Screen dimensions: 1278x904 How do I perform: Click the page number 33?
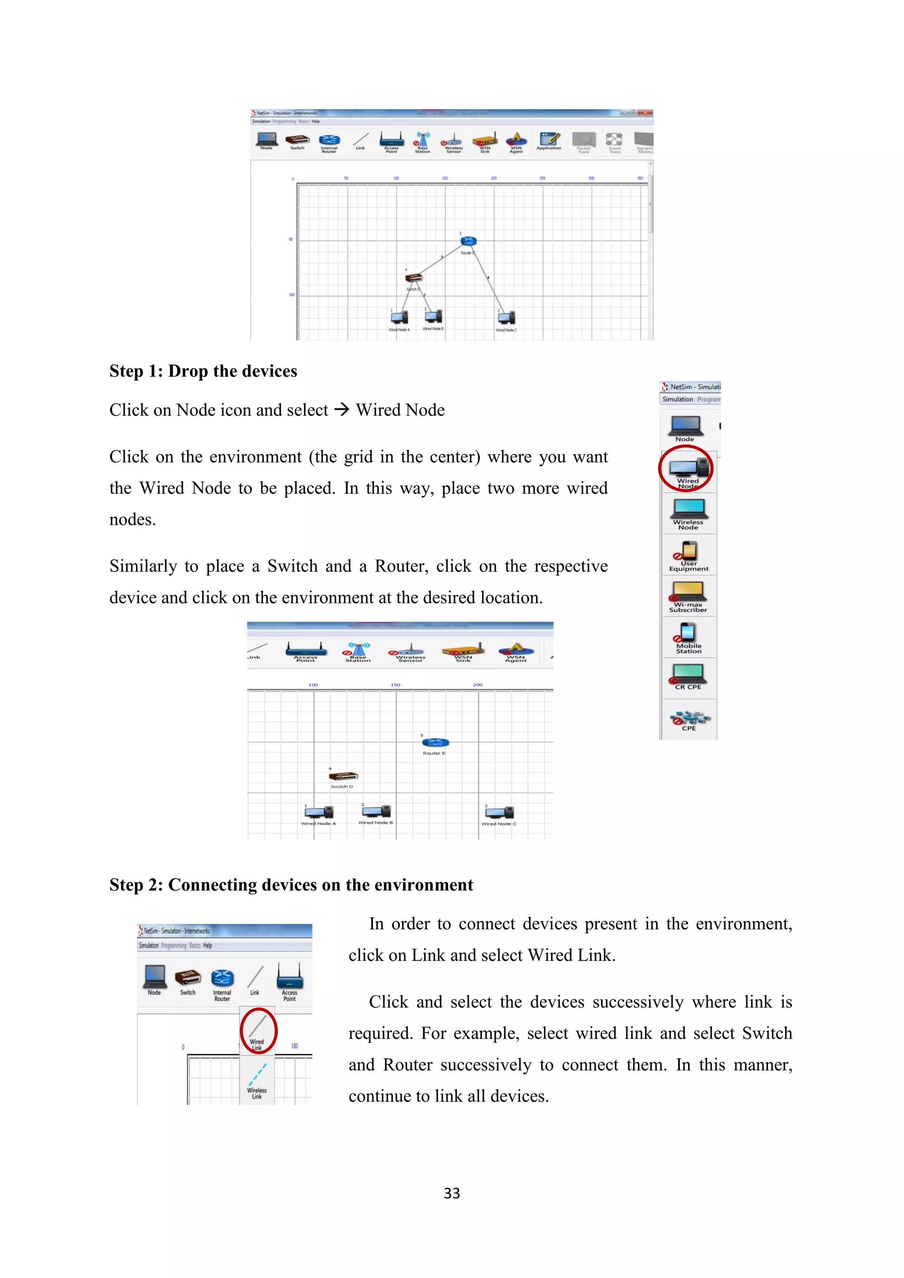452,1193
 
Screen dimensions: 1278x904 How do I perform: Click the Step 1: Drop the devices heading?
203,371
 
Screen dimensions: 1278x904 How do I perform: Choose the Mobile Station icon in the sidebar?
689,634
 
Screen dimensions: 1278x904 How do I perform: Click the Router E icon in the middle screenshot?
435,743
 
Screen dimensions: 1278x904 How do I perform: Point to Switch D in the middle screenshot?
343,777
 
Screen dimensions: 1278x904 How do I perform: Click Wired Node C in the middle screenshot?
499,813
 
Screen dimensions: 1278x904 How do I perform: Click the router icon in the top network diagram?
468,241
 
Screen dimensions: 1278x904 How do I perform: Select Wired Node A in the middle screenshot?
319,813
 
